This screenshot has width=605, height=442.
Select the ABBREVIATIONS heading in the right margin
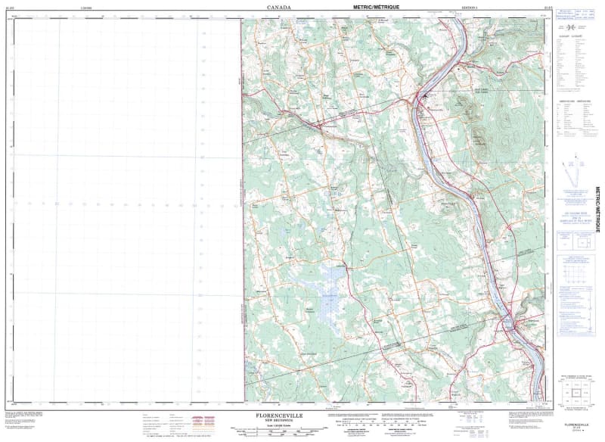pyautogui.click(x=574, y=101)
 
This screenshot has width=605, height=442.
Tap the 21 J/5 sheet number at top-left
pyautogui.click(x=11, y=6)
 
